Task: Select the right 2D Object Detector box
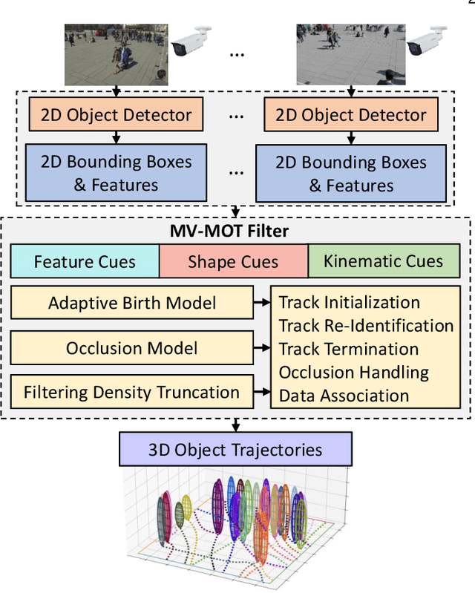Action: pos(351,115)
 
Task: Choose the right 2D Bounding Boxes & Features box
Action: pos(351,172)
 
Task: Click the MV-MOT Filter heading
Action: pos(235,231)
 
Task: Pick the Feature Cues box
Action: pos(85,261)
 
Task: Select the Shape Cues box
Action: pos(233,261)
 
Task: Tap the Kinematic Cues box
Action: pos(384,261)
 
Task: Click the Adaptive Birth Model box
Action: pos(131,303)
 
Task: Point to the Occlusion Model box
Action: pos(131,348)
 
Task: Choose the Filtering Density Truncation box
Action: pos(131,393)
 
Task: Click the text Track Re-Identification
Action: pos(366,326)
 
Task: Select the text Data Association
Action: pos(344,396)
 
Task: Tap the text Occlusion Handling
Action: pos(353,373)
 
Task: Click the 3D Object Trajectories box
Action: pos(236,449)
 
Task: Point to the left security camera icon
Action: pos(189,46)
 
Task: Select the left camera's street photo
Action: pos(116,53)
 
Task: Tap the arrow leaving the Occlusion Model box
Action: pos(261,348)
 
